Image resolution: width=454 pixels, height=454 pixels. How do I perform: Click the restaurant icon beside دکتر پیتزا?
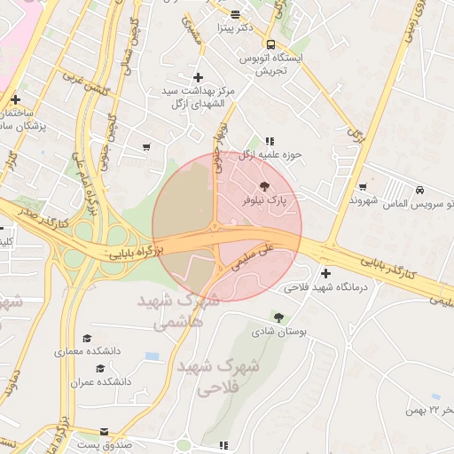[235, 14]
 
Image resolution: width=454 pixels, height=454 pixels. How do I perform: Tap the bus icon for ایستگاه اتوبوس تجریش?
[270, 44]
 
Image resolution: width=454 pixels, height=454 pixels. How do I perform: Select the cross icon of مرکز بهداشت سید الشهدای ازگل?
[198, 78]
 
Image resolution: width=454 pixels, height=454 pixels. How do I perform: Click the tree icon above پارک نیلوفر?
[262, 186]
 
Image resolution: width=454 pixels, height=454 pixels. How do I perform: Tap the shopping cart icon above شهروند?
[364, 186]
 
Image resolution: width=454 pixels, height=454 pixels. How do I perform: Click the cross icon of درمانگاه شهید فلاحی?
[325, 273]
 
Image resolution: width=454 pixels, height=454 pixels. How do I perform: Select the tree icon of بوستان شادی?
[279, 317]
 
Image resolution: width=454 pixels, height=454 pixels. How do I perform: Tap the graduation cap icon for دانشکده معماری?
[87, 339]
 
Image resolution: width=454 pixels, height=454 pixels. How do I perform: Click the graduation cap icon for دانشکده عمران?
[100, 368]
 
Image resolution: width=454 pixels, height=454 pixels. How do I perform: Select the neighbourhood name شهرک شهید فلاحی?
[216, 376]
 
